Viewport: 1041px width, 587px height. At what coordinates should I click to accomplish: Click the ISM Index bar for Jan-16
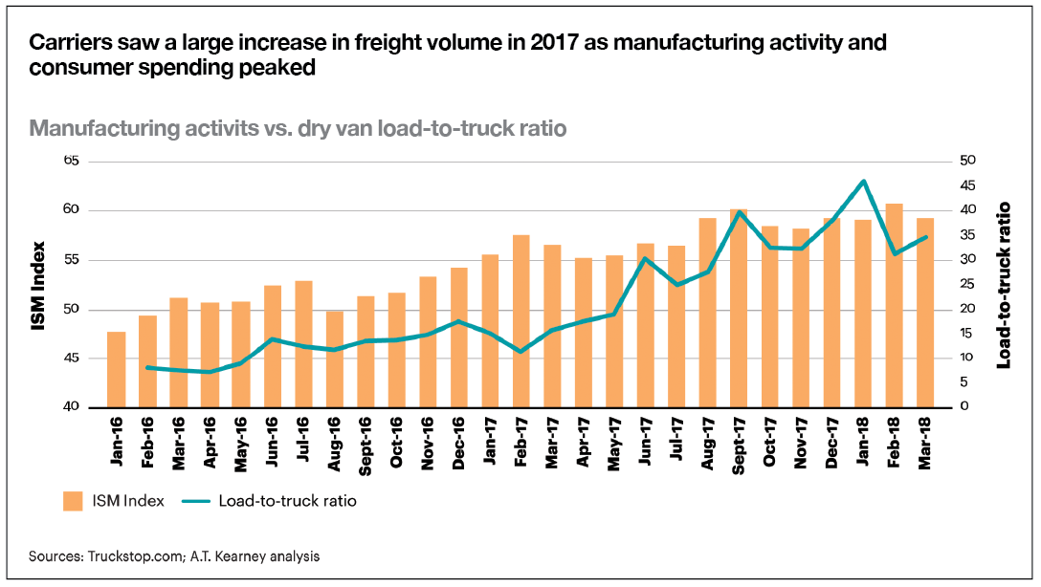coord(116,369)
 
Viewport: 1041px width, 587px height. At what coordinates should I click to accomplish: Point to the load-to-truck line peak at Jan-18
coord(863,181)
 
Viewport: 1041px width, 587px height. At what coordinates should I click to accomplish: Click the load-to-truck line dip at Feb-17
coord(520,352)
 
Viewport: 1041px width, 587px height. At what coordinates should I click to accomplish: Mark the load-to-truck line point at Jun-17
coord(646,258)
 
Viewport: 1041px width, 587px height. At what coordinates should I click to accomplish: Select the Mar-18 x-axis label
coord(926,440)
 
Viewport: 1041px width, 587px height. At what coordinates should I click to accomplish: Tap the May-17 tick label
coord(614,440)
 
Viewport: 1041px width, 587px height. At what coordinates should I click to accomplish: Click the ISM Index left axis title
coord(39,284)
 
